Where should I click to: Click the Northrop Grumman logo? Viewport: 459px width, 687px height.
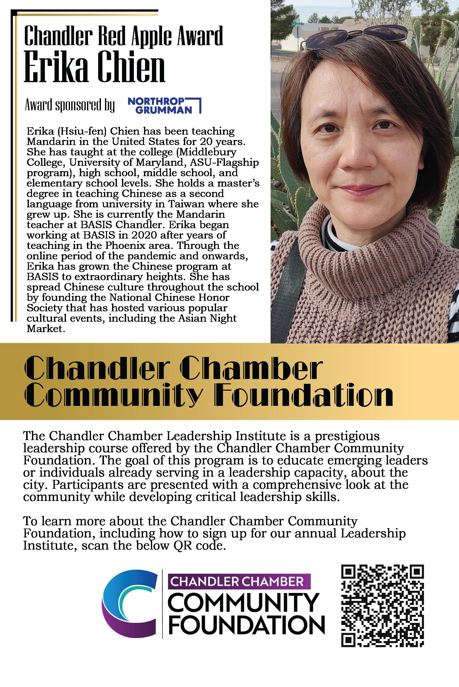pos(165,106)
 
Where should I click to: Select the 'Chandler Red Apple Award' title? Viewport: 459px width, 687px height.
pos(123,36)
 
